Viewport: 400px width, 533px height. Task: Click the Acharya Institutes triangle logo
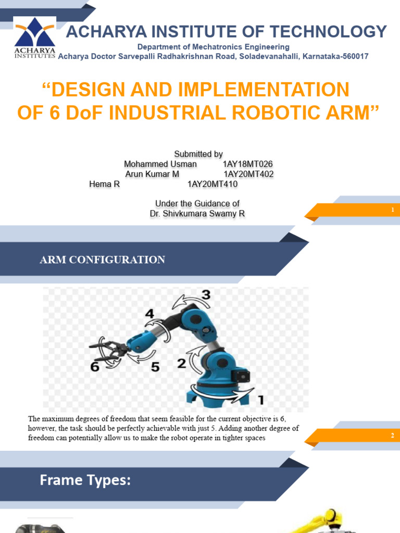[x=34, y=32]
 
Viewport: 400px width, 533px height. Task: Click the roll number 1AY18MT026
[x=247, y=164]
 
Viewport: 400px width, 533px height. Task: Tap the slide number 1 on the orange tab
[x=392, y=210]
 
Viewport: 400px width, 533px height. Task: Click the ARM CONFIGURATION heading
[x=103, y=260]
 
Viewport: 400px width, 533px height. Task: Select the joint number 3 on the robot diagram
[x=206, y=295]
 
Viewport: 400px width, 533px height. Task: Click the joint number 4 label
[x=149, y=314]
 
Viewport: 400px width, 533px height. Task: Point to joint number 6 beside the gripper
[x=95, y=367]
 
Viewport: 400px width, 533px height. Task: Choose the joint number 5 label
[x=155, y=367]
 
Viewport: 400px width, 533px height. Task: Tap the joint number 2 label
[x=181, y=363]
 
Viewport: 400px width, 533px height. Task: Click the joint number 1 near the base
[x=261, y=400]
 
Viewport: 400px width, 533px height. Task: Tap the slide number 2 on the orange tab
[x=392, y=436]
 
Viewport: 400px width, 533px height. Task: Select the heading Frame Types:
[x=85, y=480]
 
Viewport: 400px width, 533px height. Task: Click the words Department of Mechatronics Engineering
[x=213, y=47]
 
